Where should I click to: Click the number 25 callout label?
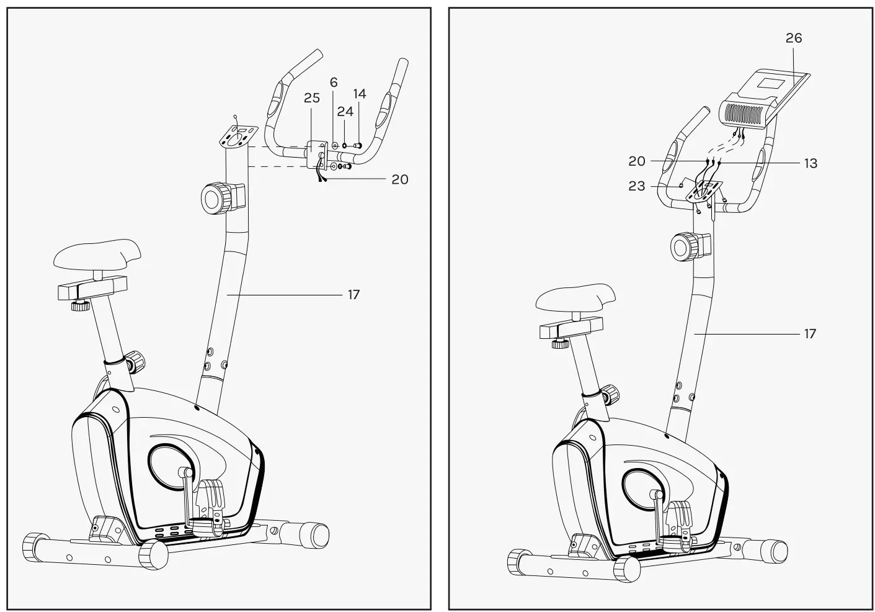pos(311,98)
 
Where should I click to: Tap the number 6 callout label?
pos(334,83)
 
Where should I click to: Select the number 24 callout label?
pos(345,112)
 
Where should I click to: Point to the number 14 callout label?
pos(360,94)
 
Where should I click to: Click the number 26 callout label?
pos(794,38)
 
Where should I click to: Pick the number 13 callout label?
pos(810,163)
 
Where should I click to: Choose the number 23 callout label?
pos(636,186)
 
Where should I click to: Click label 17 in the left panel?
pos(353,294)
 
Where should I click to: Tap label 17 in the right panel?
pos(810,334)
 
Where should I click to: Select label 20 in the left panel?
pos(400,179)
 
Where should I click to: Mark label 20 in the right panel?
pos(636,161)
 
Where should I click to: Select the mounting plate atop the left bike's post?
pos(236,137)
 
